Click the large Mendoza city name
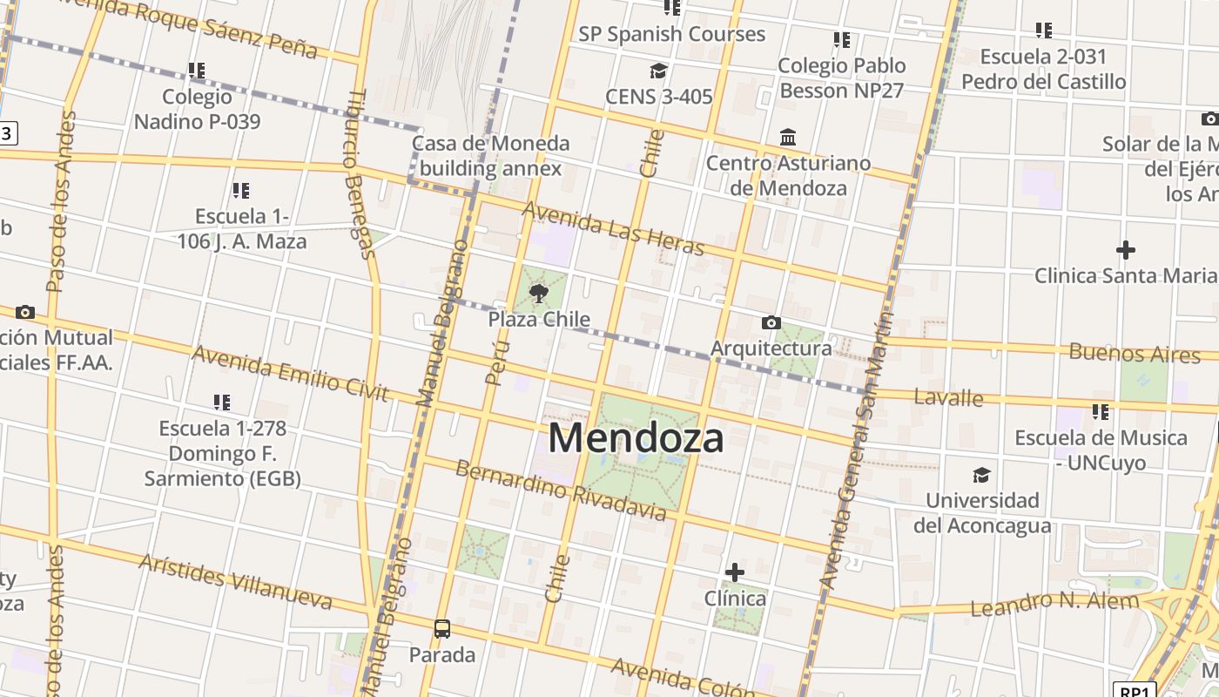[x=636, y=437]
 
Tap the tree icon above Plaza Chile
[x=539, y=293]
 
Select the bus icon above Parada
[x=442, y=628]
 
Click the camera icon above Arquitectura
[x=771, y=323]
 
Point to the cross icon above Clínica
[x=735, y=572]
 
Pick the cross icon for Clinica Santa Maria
[x=1125, y=251]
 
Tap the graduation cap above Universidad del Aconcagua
[x=981, y=475]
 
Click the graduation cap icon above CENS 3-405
[x=658, y=71]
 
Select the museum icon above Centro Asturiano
[x=788, y=138]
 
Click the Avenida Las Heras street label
[x=613, y=228]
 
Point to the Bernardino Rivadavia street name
[x=562, y=490]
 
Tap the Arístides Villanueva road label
[x=235, y=582]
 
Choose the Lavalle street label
[x=948, y=398]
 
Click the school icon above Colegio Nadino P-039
[x=197, y=70]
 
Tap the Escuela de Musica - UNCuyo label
[x=1101, y=450]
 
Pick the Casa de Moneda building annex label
[x=490, y=155]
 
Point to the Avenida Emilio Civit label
[x=289, y=373]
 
